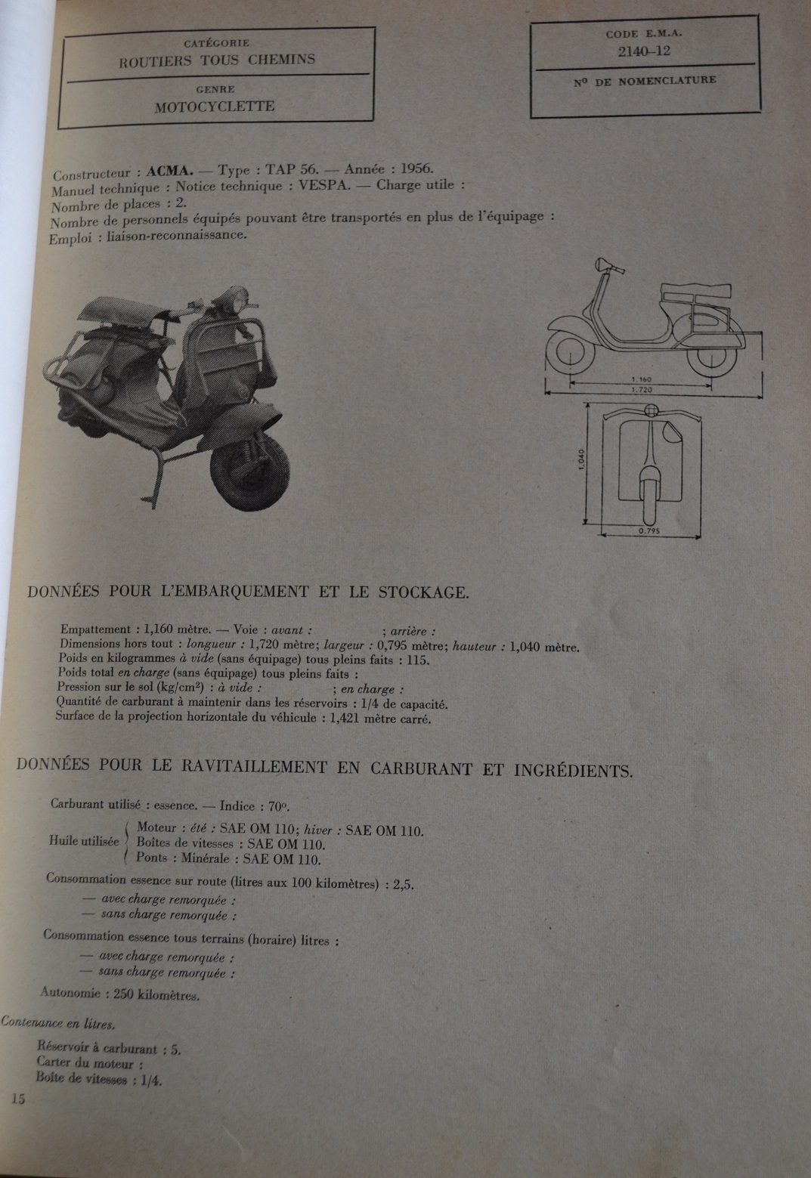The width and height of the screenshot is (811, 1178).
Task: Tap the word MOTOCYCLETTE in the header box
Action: pyautogui.click(x=215, y=107)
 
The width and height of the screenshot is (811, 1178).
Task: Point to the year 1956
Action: pyautogui.click(x=416, y=169)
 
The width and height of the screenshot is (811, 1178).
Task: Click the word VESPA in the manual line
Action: pyautogui.click(x=324, y=186)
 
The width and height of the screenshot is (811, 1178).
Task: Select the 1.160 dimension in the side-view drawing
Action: pyautogui.click(x=640, y=379)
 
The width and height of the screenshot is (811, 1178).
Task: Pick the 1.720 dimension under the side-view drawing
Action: pyautogui.click(x=640, y=390)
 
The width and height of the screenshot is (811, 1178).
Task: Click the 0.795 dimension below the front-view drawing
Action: pyautogui.click(x=649, y=530)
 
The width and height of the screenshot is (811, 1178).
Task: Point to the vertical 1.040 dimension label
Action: pyautogui.click(x=580, y=459)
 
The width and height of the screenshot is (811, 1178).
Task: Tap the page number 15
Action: pyautogui.click(x=18, y=1099)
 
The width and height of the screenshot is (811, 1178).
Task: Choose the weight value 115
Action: pyautogui.click(x=417, y=660)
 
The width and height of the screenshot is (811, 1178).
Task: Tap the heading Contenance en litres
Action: pyautogui.click(x=58, y=1024)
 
